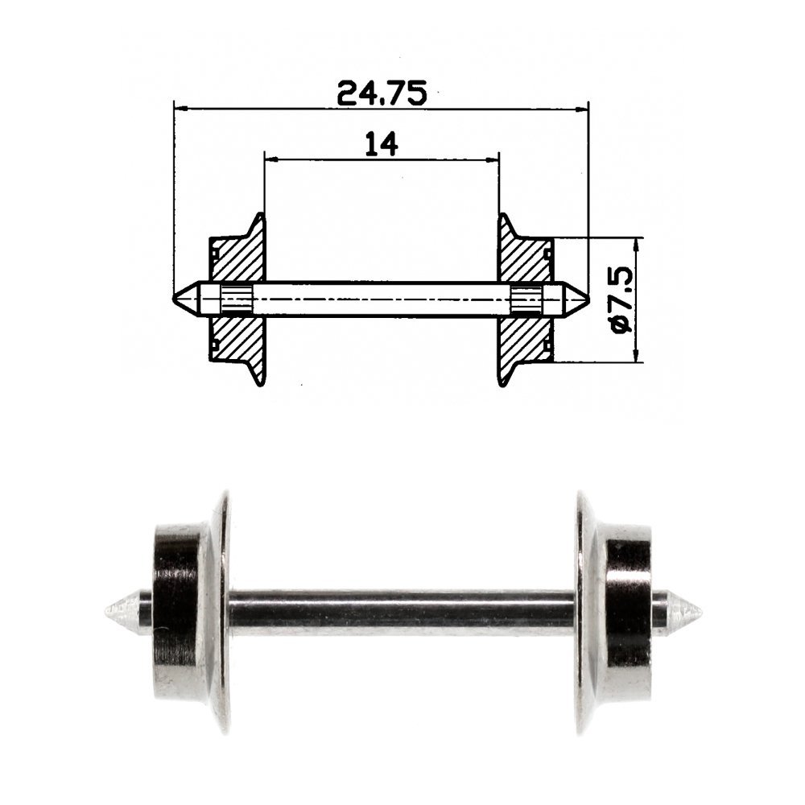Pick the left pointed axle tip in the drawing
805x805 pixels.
point(184,299)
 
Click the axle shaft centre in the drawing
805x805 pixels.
point(382,299)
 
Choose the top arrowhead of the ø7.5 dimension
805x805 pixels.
point(636,244)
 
